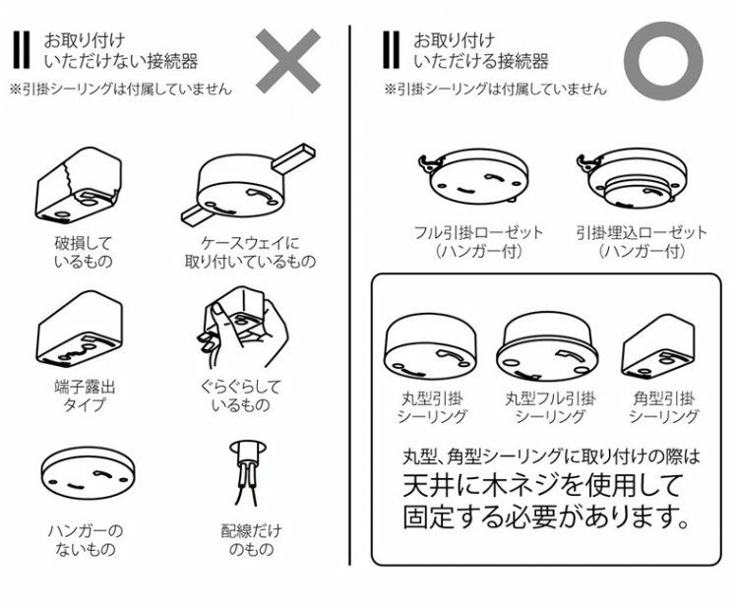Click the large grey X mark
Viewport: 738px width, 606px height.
click(x=288, y=61)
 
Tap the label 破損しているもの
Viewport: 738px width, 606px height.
click(x=84, y=252)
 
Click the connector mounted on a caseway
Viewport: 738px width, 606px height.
click(x=248, y=184)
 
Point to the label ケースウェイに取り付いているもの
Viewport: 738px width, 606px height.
click(x=250, y=252)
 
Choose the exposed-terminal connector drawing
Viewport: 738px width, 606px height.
click(x=80, y=329)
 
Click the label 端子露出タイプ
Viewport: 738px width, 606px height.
click(x=85, y=396)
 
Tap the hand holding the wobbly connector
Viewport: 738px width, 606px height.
click(x=242, y=327)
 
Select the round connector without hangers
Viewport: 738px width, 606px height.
click(x=88, y=472)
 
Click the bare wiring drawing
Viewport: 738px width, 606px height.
click(x=248, y=472)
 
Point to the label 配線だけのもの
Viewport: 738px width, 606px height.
click(x=251, y=540)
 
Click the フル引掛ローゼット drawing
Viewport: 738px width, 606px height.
click(x=473, y=176)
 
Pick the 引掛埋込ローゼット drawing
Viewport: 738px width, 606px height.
click(x=632, y=179)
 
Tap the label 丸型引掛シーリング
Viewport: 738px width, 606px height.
click(x=431, y=407)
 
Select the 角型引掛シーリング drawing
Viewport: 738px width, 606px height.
click(x=658, y=346)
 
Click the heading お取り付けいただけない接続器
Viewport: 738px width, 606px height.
click(x=120, y=51)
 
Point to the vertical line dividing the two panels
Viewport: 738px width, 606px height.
click(x=350, y=295)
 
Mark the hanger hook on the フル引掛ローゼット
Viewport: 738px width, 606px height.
click(x=429, y=163)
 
